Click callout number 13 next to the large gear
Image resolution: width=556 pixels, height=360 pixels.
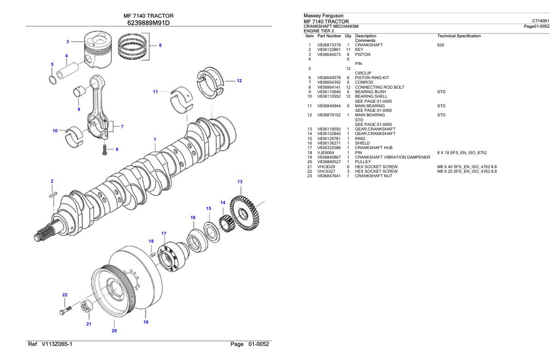point(239,181)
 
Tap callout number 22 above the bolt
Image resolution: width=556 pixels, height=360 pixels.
point(65,295)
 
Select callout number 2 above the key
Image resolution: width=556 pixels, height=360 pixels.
point(52,181)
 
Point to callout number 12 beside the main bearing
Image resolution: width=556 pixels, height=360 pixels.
point(239,81)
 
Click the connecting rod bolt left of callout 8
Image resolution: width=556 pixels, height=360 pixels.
point(105,149)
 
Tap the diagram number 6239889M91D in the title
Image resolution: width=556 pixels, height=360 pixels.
point(149,23)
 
